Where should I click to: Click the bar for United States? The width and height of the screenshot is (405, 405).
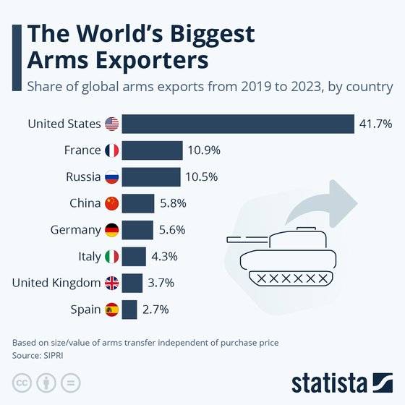[237, 124]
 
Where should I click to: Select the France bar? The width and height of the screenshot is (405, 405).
[152, 150]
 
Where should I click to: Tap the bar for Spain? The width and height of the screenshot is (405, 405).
[129, 310]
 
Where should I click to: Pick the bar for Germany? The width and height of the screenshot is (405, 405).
[137, 230]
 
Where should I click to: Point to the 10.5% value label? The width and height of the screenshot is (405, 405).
[202, 177]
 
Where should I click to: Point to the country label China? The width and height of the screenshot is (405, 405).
[85, 204]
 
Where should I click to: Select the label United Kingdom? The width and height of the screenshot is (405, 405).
[56, 283]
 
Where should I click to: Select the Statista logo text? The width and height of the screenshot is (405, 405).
[330, 382]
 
